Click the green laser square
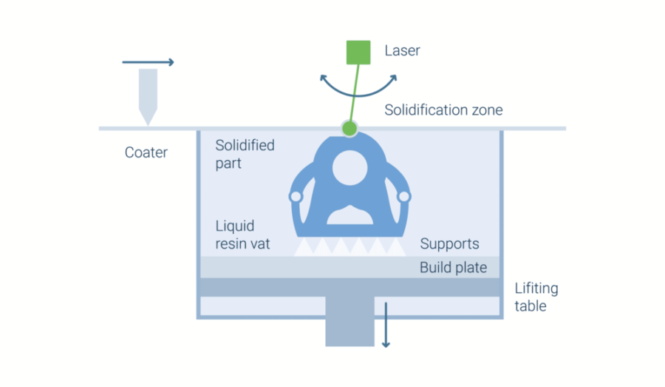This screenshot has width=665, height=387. coord(358,53)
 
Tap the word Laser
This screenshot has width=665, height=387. coord(402,50)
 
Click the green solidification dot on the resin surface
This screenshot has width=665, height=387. coord(349,128)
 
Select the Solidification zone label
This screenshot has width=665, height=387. coord(443,110)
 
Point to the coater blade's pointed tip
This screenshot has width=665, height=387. coord(148,125)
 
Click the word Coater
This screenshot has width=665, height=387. coord(146,152)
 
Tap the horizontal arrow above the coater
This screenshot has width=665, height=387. coord(148,62)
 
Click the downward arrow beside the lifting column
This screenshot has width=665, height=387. coord(386,325)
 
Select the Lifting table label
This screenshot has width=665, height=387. coord(536,297)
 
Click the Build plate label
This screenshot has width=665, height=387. coord(454,268)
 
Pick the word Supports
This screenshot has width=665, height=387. coord(449,244)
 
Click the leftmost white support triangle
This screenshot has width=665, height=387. coord(304,247)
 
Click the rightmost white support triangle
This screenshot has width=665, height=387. coord(396,247)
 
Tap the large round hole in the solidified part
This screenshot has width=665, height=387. coord(350,168)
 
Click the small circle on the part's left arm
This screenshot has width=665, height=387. coord(296,197)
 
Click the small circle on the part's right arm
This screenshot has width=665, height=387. coord(404,197)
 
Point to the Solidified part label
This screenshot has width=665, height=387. coord(245,154)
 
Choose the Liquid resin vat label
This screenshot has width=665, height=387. coord(242,235)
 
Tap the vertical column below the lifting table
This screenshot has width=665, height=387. coord(350,321)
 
